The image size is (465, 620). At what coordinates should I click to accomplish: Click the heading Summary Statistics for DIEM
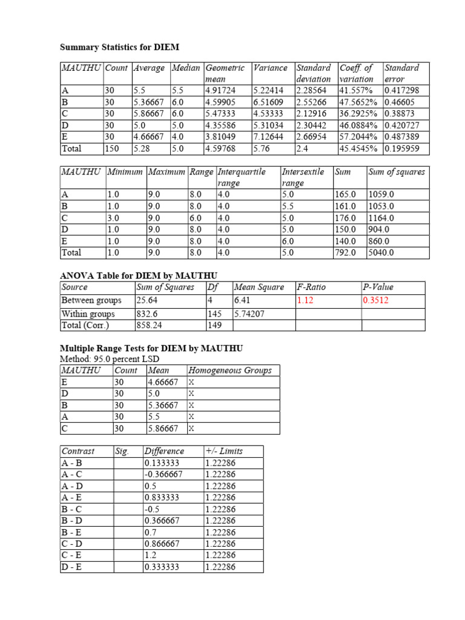[119, 47]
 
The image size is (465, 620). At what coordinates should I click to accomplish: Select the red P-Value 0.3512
[375, 300]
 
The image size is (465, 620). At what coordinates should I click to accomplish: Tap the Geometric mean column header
[225, 73]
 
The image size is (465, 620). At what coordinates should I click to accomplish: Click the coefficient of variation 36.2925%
[360, 114]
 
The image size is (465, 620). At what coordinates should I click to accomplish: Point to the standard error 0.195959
[402, 148]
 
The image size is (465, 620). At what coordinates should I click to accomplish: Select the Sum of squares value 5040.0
[381, 252]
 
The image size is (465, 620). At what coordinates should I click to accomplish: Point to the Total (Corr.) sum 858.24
[149, 325]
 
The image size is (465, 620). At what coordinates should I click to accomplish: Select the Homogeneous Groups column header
[229, 371]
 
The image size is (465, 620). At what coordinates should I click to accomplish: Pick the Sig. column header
[122, 451]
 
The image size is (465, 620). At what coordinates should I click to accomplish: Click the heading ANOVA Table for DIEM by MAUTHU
[138, 275]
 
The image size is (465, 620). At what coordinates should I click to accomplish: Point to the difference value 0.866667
[163, 544]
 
